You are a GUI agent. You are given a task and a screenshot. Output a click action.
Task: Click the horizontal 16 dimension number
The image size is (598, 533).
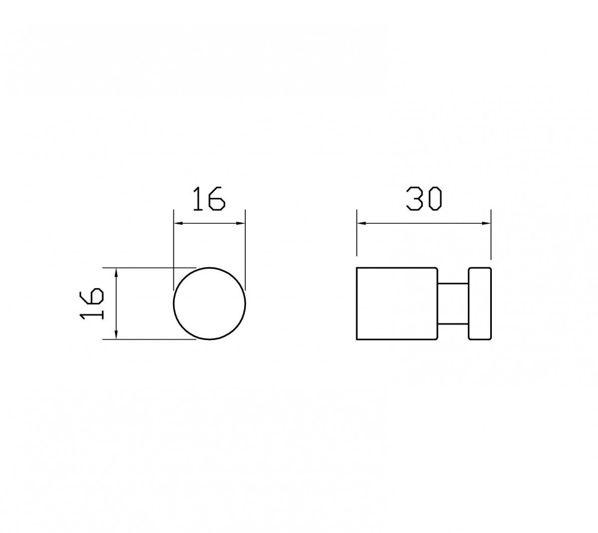(209, 198)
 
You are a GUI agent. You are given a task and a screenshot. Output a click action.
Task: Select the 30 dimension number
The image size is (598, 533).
(424, 198)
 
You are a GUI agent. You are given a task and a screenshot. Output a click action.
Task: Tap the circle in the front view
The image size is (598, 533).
(173, 304)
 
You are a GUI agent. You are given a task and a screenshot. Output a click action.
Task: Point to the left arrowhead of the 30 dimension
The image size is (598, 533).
(361, 223)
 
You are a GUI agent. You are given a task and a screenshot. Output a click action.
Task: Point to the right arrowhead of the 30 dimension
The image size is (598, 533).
(486, 223)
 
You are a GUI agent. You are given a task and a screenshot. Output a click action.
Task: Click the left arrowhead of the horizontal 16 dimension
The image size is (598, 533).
(178, 223)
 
